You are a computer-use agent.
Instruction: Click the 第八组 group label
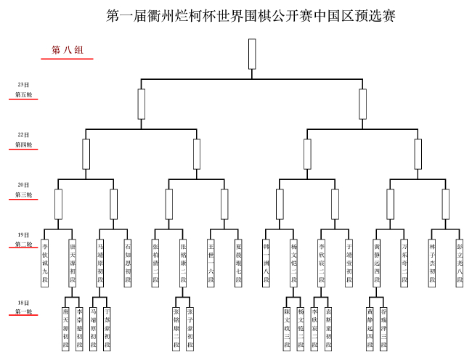67,50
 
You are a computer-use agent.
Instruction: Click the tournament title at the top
251,16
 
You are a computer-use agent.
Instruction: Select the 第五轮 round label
23,94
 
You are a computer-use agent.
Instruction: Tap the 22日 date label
23,134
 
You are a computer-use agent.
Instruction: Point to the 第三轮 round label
23,195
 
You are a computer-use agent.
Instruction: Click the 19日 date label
23,234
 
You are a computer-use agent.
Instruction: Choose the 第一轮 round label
23,311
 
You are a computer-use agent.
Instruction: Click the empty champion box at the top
252,54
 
